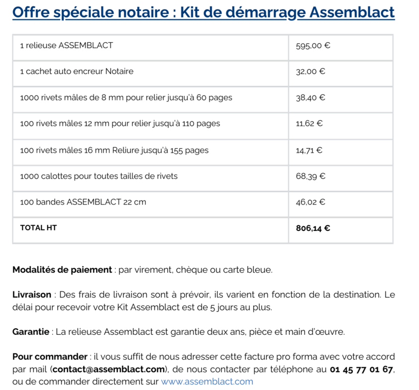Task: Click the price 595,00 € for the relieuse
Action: click(313, 46)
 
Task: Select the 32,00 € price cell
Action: click(311, 72)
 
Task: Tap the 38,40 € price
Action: click(311, 98)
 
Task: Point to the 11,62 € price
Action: click(309, 124)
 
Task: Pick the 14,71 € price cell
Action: click(309, 150)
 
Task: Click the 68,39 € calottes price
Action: click(311, 176)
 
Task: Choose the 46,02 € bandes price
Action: click(311, 202)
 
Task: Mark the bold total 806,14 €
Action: click(313, 228)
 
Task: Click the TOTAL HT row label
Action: click(38, 228)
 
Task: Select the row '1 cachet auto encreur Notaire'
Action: click(77, 72)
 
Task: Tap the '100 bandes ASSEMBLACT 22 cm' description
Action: click(83, 202)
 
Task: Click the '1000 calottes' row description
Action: click(99, 176)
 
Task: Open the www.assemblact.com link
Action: click(207, 382)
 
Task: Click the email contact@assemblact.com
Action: click(108, 369)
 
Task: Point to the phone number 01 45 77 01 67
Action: click(361, 369)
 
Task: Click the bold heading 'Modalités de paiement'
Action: click(62, 270)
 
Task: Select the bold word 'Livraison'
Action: click(32, 294)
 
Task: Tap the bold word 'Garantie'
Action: click(31, 332)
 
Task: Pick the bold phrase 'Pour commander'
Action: click(50, 357)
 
